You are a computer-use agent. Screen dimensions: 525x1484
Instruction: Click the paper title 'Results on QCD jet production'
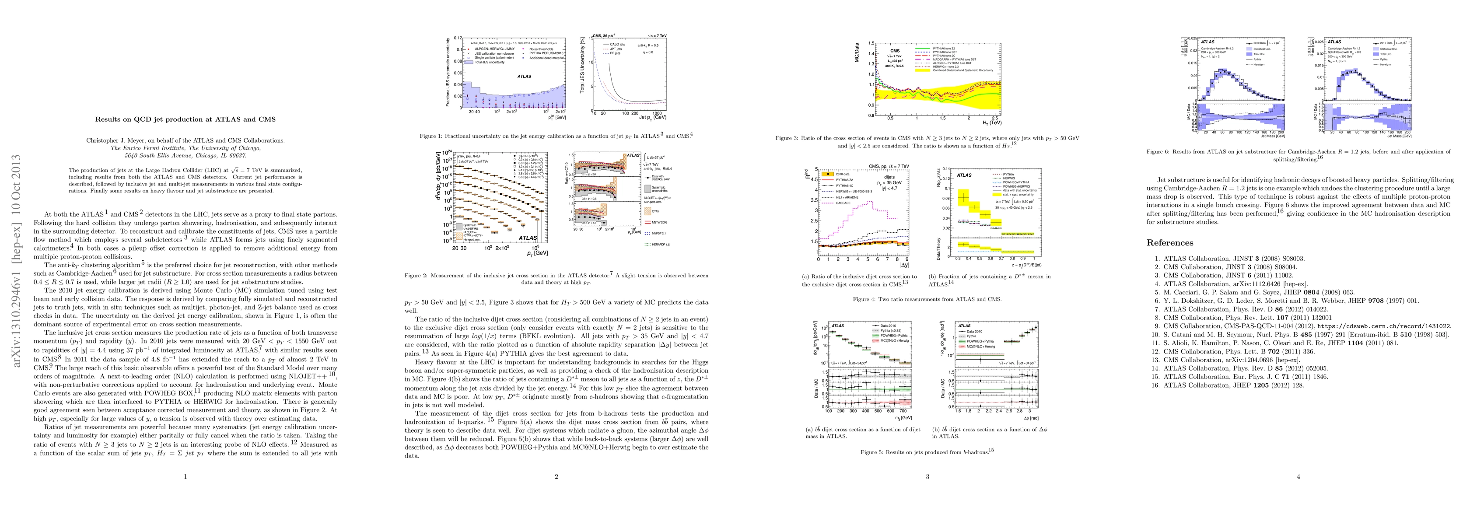(x=185, y=119)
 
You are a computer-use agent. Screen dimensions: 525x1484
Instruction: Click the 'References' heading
(x=1169, y=243)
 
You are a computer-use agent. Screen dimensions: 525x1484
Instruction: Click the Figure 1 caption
(x=556, y=136)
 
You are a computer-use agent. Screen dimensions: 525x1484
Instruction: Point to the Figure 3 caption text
(x=927, y=142)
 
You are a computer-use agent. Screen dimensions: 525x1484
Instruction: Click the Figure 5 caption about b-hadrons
(x=927, y=452)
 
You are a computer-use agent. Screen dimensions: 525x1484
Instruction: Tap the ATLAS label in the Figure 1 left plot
(x=524, y=76)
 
